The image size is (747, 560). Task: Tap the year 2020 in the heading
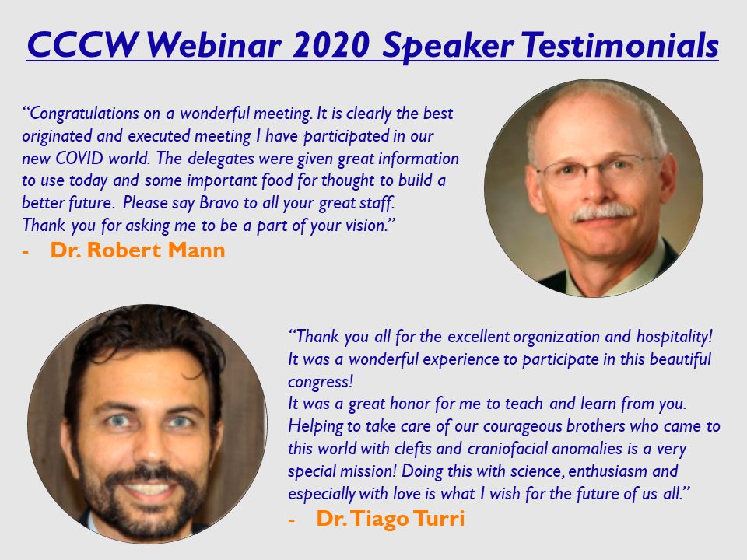[x=331, y=45]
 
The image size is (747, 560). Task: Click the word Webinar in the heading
[x=214, y=45]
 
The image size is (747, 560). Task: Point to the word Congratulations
[x=81, y=114]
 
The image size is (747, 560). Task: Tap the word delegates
[x=220, y=159]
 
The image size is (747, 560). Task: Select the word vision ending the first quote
[x=368, y=226]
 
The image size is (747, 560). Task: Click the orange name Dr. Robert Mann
[x=137, y=250]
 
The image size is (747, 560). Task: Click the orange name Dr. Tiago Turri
[x=390, y=518]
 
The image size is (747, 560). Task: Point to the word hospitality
[x=675, y=337]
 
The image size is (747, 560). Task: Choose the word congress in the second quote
[x=320, y=382]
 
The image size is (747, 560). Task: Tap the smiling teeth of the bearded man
[x=147, y=488]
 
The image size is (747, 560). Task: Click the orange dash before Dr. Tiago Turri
[x=292, y=520]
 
